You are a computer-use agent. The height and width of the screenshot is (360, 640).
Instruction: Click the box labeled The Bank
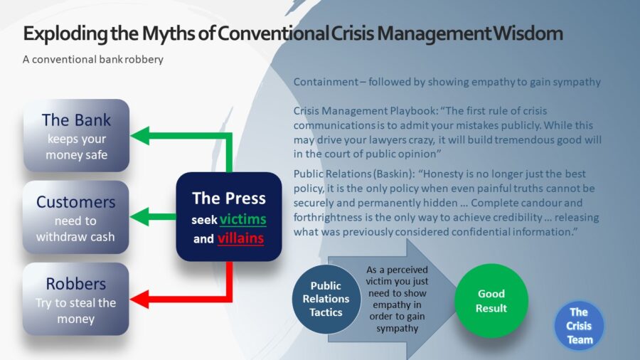76,135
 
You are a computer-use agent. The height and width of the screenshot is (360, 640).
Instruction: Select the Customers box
76,218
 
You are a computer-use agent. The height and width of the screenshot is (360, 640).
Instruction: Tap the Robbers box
76,300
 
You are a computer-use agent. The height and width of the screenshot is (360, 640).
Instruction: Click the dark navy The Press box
229,217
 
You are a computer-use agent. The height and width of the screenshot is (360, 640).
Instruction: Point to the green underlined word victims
243,220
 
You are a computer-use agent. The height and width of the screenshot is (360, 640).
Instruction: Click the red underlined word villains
240,238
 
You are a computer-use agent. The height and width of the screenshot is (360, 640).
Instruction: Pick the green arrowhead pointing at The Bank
139,136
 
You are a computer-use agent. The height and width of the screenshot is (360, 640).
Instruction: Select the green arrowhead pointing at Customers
139,217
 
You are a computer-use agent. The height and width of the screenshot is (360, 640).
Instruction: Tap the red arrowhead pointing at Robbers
139,300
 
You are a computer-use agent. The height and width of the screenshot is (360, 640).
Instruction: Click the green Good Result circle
491,301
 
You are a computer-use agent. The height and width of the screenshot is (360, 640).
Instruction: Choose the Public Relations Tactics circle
326,300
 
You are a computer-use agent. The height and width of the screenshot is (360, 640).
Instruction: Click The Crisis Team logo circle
579,326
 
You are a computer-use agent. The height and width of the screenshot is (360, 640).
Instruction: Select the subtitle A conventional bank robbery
93,60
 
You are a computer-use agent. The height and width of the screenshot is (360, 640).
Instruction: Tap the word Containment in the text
326,82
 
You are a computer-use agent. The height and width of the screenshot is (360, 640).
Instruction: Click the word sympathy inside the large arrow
397,329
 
